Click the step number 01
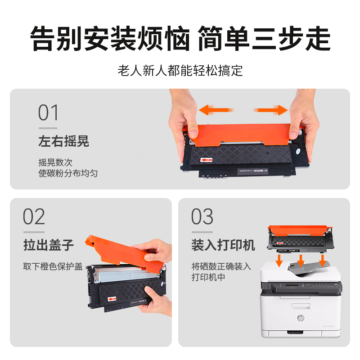tap(49, 113)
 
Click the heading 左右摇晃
tap(63, 141)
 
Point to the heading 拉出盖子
tap(48, 245)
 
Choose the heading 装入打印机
tap(223, 245)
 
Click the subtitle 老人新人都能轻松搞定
tap(180, 70)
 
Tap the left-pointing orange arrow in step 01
tap(216, 110)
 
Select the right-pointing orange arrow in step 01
tap(271, 110)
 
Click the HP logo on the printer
tap(300, 318)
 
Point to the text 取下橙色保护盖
tap(53, 266)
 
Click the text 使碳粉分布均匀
tap(67, 173)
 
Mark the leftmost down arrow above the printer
tap(280, 260)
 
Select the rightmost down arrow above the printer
tap(322, 261)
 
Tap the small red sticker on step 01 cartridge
tap(206, 159)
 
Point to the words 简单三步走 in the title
tap(264, 39)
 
